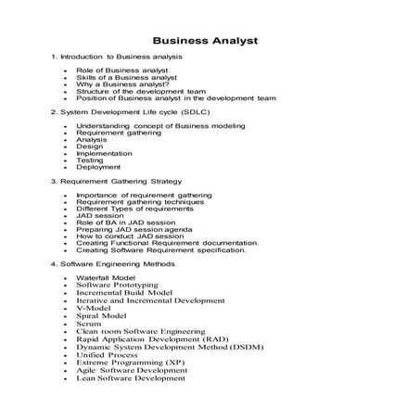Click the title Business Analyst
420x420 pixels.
[x=205, y=41]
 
